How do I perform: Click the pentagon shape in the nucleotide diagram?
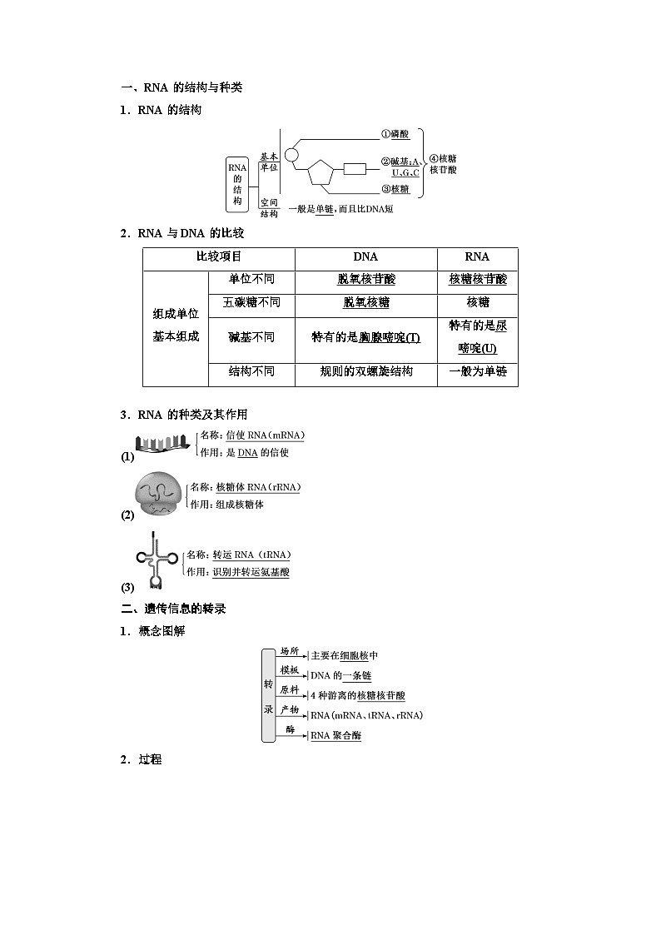[321, 175]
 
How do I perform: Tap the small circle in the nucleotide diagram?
[291, 155]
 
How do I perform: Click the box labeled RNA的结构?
[237, 184]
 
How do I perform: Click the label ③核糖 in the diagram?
[395, 189]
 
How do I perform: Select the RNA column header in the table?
[477, 257]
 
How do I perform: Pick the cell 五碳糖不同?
[251, 302]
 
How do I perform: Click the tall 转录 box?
[268, 694]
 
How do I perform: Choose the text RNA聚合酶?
[335, 736]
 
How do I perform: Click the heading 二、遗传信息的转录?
[173, 609]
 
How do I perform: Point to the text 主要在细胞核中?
[344, 656]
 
